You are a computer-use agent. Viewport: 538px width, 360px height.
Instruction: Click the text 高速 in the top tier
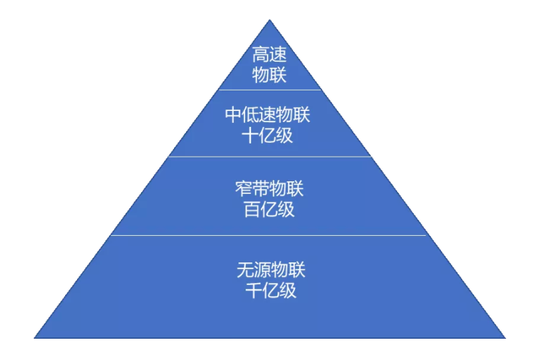tap(270, 54)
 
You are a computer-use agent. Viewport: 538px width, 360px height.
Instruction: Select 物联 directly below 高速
tap(270, 74)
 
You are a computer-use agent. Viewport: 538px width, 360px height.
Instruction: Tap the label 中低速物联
tap(268, 115)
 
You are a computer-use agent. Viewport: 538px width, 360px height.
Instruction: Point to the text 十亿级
tap(268, 135)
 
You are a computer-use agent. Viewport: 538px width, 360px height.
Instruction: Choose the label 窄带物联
tap(270, 189)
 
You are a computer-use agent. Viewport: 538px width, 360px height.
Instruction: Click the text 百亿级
tap(270, 209)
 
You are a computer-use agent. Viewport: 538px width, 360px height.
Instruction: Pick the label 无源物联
tap(271, 270)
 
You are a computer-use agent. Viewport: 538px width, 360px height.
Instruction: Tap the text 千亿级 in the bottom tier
tap(271, 290)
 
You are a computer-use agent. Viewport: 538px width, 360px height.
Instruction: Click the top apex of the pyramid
tap(270, 19)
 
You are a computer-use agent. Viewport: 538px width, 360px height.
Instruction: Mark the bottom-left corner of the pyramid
tap(34, 338)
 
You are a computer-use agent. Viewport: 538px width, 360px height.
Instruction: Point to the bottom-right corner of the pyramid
tap(505, 338)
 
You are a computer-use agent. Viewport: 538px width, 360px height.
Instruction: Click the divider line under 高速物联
tap(270, 90)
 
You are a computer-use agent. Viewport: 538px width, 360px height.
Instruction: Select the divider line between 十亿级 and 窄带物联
tap(270, 157)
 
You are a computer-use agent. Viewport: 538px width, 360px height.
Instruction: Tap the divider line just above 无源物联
tap(268, 235)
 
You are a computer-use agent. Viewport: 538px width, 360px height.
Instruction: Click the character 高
tap(261, 54)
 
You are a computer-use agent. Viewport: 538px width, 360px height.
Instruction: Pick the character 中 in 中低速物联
tap(234, 115)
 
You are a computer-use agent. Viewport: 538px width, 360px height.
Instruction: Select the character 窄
tap(244, 189)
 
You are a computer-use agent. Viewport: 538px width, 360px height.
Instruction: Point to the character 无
tap(245, 270)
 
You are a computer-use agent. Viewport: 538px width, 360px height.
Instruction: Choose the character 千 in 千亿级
tap(254, 290)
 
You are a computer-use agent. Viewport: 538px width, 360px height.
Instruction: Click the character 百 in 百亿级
tap(252, 209)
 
